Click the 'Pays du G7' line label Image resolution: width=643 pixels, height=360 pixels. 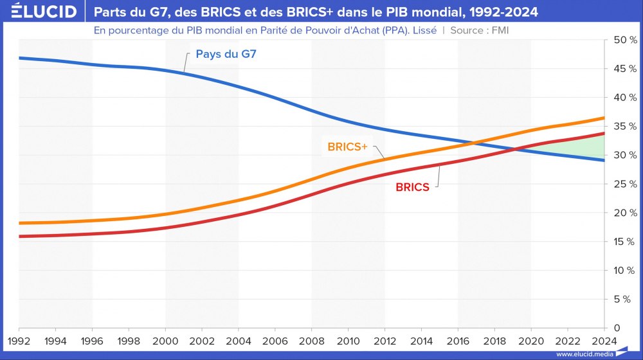(x=226, y=54)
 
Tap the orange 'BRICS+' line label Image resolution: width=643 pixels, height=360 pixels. (x=347, y=147)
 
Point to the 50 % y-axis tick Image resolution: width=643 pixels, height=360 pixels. (x=624, y=40)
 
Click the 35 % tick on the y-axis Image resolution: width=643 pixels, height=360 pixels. (x=624, y=127)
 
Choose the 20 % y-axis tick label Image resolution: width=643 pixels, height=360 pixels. (x=624, y=213)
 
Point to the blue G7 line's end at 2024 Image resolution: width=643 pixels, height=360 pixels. (x=604, y=160)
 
